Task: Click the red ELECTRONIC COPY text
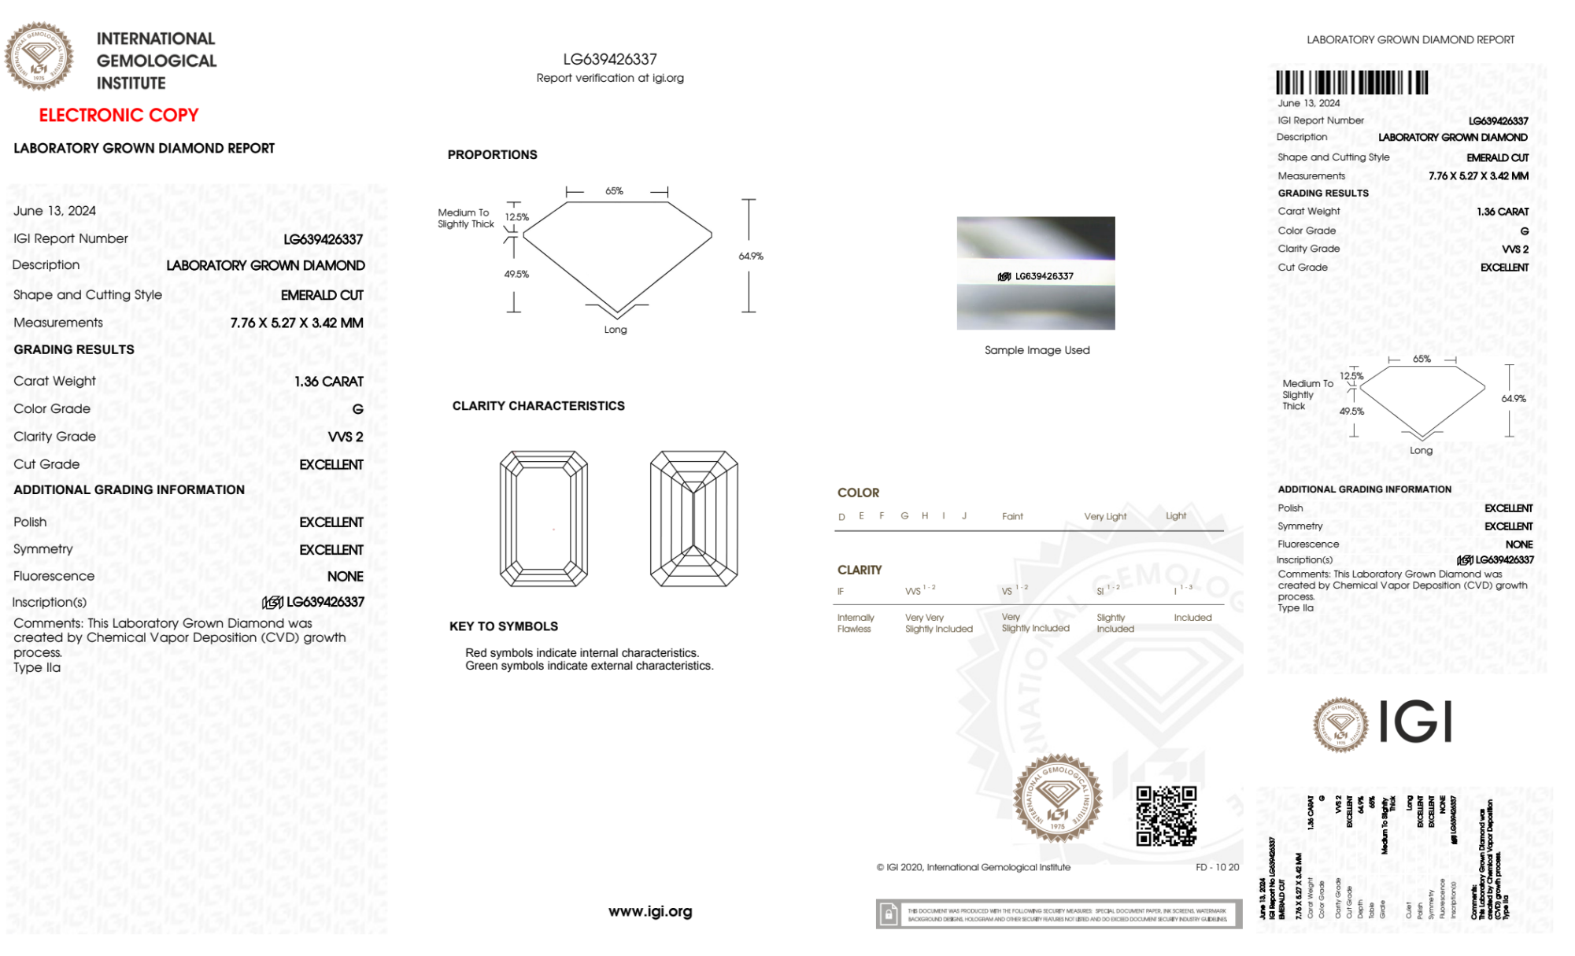pos(119,115)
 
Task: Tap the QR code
pos(1166,815)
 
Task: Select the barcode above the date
pos(1351,83)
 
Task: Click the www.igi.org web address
pos(650,911)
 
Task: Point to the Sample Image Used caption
pos(1037,350)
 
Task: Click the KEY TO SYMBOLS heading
pos(504,626)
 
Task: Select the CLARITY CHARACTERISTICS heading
pos(538,406)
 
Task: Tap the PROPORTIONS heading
pos(493,155)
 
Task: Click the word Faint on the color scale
pos(1012,516)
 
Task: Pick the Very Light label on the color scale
pos(1105,516)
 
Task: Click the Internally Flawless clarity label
pos(856,623)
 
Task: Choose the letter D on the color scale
pos(841,517)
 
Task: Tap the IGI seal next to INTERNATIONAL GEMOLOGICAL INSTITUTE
pos(39,56)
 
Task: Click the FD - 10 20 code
pos(1217,867)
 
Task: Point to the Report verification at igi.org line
pos(610,78)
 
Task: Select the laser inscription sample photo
pos(1036,273)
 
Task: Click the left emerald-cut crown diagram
pos(544,519)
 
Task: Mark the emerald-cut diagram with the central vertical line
pos(693,519)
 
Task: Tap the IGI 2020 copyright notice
pos(974,867)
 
